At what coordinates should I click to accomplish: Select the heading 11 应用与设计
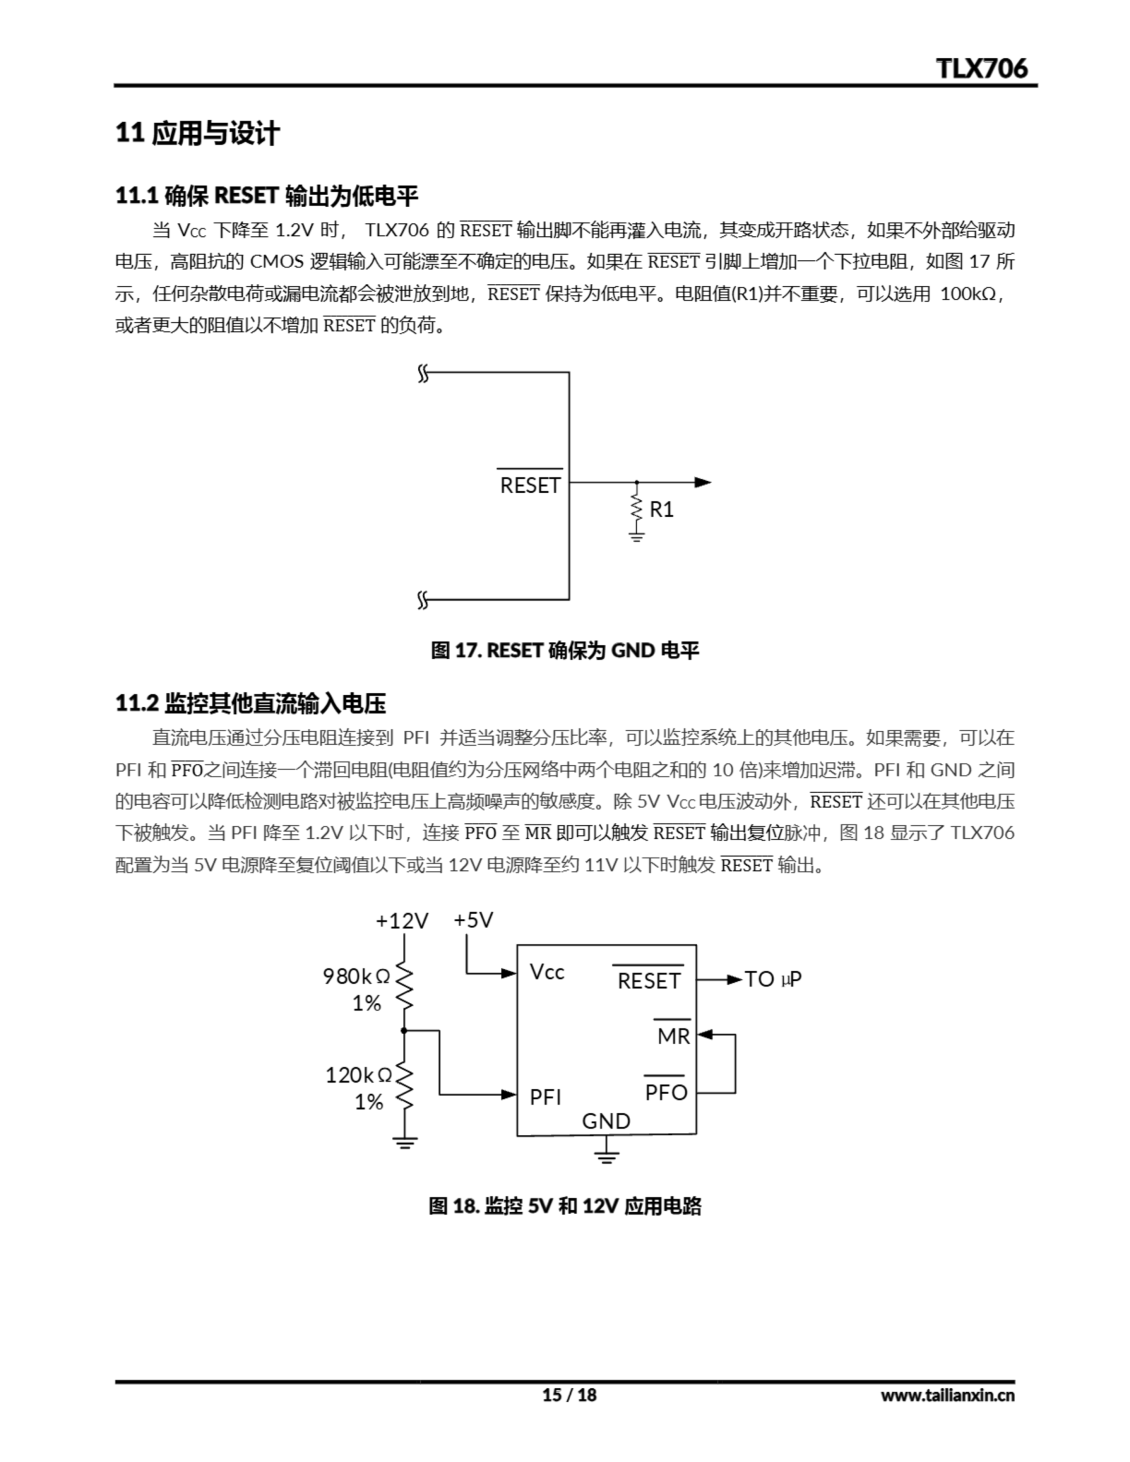click(197, 133)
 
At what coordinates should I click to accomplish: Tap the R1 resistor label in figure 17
click(661, 509)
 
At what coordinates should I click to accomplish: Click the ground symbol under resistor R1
click(636, 536)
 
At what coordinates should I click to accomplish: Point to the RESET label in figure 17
click(530, 485)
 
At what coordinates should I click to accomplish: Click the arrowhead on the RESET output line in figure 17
click(703, 482)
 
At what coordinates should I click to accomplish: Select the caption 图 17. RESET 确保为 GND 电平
click(564, 650)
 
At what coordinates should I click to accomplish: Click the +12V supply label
click(402, 921)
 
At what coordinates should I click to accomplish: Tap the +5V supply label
click(474, 920)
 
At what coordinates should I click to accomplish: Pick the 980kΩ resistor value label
click(356, 977)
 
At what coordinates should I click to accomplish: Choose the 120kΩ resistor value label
click(358, 1075)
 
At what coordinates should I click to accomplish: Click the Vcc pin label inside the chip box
click(547, 972)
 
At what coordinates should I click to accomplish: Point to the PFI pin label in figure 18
click(545, 1097)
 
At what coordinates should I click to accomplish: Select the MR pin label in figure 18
click(673, 1037)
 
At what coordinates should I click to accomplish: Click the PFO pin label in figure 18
click(666, 1093)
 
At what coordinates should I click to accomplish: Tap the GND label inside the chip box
click(606, 1121)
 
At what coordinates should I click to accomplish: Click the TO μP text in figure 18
click(773, 979)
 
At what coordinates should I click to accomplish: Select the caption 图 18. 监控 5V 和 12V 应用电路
click(564, 1206)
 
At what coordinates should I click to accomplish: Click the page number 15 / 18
click(568, 1395)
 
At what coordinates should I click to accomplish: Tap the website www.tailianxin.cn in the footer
click(947, 1395)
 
